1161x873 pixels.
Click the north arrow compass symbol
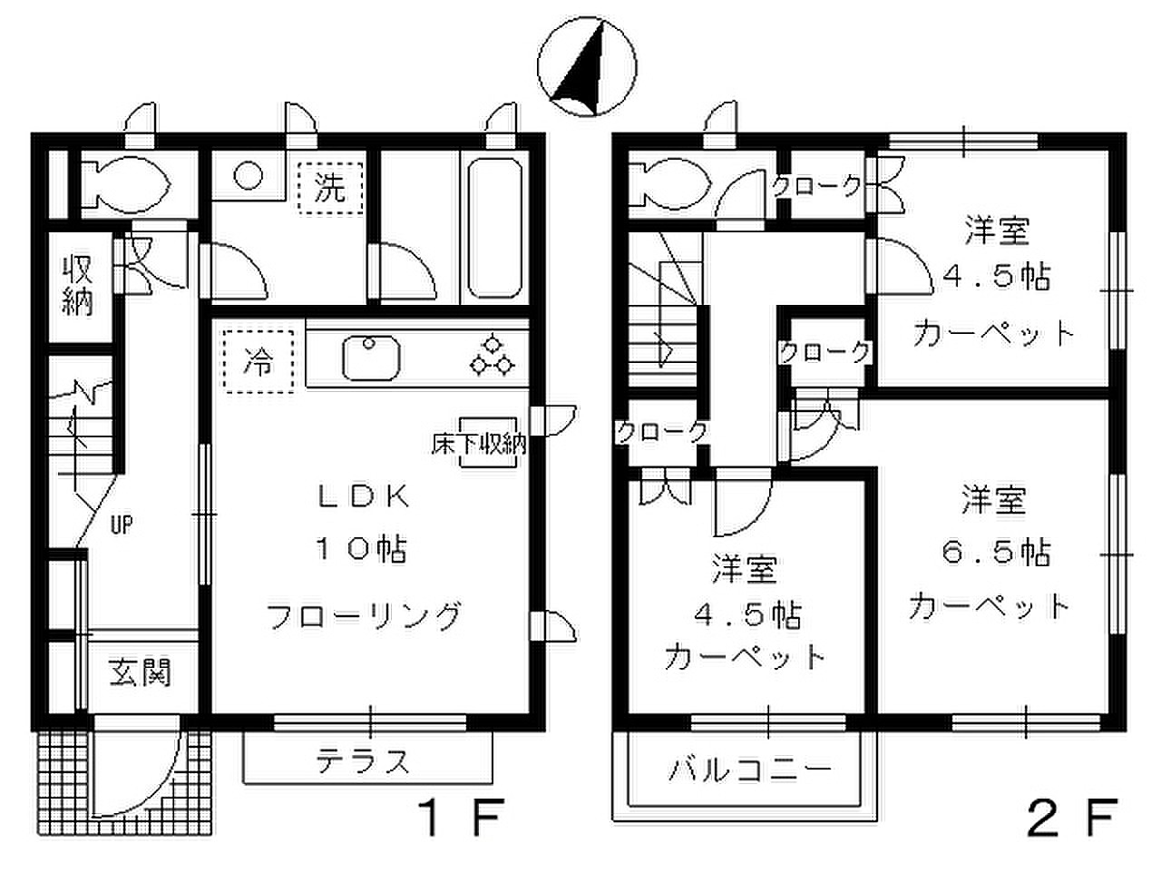[587, 66]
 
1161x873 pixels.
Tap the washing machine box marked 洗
[330, 188]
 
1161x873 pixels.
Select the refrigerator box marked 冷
[259, 362]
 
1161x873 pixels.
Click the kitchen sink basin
[371, 358]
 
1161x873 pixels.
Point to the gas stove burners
[492, 355]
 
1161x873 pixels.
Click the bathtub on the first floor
[494, 228]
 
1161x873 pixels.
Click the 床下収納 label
[479, 445]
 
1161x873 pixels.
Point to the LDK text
[364, 496]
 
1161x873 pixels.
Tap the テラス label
[363, 761]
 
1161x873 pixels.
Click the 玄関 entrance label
[141, 672]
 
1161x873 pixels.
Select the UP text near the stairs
[122, 525]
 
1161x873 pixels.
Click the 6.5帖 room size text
[995, 553]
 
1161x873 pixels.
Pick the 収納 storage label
[78, 285]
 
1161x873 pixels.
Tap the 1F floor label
[459, 818]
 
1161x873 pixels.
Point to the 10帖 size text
[362, 549]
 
